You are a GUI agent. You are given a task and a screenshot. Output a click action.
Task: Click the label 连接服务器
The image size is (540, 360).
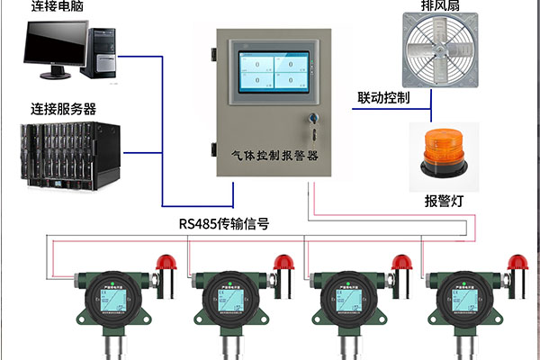point(63,109)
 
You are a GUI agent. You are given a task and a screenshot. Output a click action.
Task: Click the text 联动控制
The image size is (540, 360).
point(383,97)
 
